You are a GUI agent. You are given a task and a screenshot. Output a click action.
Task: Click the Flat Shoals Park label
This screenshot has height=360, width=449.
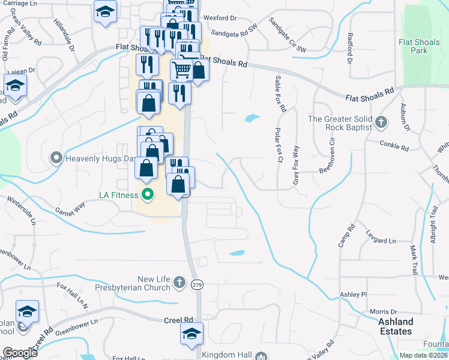(421, 46)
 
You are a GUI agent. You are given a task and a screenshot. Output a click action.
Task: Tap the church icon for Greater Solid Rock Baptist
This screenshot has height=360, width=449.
(381, 122)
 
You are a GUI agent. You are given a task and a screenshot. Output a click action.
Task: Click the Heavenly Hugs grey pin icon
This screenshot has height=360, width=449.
(56, 158)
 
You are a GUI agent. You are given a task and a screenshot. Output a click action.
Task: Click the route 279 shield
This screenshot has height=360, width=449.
(197, 286)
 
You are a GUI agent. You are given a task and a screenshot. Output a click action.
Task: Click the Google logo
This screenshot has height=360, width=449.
(20, 353)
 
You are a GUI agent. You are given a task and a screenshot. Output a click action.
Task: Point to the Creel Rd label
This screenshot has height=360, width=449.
(178, 321)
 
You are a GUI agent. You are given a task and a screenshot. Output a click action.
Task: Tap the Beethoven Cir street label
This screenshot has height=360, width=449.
(329, 154)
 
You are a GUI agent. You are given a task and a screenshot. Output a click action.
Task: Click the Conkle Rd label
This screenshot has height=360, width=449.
(394, 145)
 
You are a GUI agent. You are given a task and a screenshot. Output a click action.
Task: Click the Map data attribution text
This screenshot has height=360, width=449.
(424, 355)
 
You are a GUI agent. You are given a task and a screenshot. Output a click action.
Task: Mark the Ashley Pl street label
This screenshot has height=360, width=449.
(353, 295)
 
